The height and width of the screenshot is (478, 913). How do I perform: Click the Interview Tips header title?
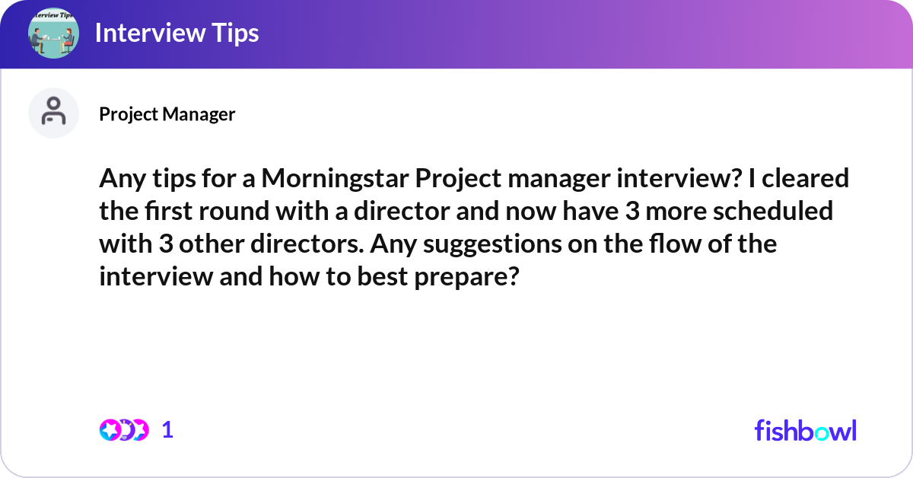pyautogui.click(x=177, y=33)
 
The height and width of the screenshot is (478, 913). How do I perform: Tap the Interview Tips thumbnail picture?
pyautogui.click(x=53, y=33)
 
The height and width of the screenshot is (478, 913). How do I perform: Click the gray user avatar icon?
pyautogui.click(x=53, y=113)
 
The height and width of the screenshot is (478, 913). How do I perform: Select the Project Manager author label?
pyautogui.click(x=167, y=114)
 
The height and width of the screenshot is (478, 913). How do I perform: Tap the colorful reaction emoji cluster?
pyautogui.click(x=123, y=430)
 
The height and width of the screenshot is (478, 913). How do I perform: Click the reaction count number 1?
pyautogui.click(x=167, y=430)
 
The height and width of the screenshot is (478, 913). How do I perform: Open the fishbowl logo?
pyautogui.click(x=805, y=430)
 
